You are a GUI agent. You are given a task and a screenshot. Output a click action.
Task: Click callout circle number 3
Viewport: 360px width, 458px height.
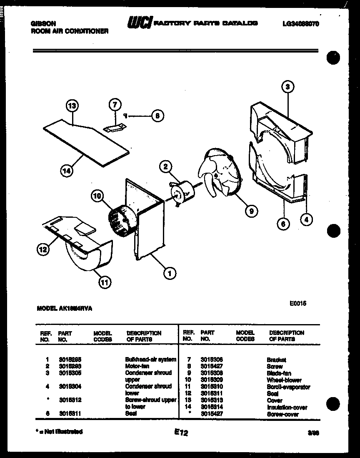pos(287,87)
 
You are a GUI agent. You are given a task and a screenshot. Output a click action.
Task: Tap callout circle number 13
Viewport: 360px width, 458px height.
pos(72,106)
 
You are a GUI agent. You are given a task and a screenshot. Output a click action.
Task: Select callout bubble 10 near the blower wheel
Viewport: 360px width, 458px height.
pos(98,195)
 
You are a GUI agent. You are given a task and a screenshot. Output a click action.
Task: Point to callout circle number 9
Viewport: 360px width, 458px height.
pos(250,211)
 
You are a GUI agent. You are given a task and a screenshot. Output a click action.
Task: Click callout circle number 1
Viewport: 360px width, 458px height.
pos(170,274)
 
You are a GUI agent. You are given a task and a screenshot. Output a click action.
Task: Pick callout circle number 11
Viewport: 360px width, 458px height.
pos(105,282)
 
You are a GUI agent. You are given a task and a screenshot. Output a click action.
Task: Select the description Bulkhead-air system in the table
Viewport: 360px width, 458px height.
pos(150,359)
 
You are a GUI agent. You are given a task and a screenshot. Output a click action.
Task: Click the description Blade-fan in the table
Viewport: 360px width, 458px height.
pos(279,373)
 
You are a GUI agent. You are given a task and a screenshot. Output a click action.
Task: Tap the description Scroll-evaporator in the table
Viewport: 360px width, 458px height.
pos(288,387)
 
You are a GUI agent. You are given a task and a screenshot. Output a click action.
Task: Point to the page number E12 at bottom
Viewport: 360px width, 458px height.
pos(181,433)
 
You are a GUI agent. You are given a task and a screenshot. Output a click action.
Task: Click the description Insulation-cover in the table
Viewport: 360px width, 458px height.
pos(287,408)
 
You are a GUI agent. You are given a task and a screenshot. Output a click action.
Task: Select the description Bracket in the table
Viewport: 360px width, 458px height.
pos(276,360)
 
